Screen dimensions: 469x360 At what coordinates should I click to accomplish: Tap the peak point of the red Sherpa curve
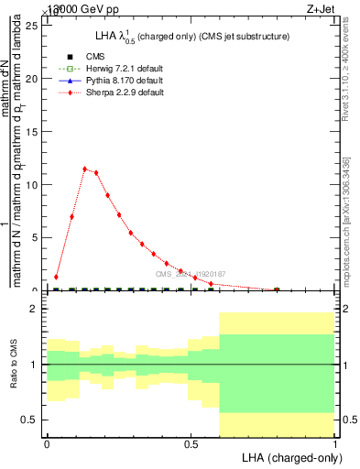point(84,169)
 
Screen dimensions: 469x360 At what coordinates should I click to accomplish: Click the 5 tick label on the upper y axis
point(35,237)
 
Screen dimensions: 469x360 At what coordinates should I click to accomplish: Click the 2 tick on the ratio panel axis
point(35,310)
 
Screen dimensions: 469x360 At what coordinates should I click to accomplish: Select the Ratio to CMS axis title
point(15,365)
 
